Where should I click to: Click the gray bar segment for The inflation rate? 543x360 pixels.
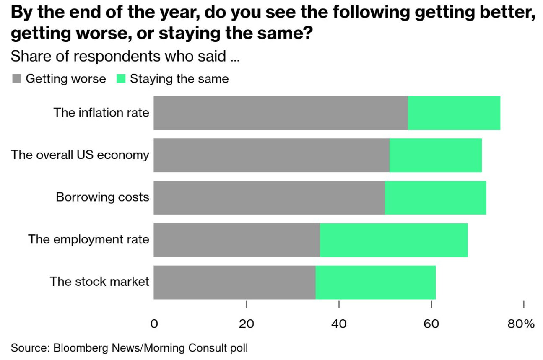point(281,113)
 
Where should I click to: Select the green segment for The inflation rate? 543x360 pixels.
point(454,113)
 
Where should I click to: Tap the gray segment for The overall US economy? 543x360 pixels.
point(271,155)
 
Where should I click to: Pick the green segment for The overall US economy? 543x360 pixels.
point(436,155)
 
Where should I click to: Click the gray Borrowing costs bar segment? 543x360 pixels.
point(269,198)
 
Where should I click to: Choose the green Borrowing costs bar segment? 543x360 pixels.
point(436,198)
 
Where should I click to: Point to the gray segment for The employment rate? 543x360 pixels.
point(236,240)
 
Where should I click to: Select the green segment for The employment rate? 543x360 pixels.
point(394,240)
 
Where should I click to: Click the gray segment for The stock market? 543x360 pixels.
point(234,282)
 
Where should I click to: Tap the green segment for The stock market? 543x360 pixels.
point(376,282)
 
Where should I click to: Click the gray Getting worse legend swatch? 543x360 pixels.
point(17,79)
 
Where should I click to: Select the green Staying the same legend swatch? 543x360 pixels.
point(121,79)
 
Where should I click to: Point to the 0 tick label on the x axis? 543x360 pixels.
point(154,324)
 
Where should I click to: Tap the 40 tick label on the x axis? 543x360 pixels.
point(339,324)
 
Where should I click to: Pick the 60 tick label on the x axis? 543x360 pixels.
point(431,324)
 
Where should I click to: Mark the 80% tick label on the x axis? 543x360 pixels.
point(521,324)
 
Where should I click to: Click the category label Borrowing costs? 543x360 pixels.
point(102,197)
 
